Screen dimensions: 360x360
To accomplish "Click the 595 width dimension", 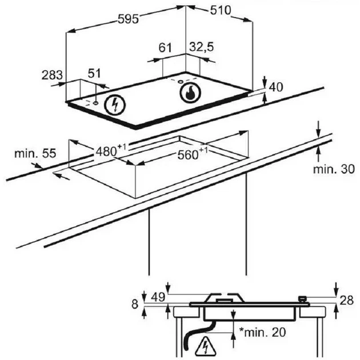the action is point(128,19).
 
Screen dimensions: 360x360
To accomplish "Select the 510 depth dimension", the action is point(221,10).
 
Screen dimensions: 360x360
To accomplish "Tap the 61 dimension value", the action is point(165,48).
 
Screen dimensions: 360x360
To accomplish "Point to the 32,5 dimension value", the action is point(201,47).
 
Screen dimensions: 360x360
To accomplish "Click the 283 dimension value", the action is point(52,75).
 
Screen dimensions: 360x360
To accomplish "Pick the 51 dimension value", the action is point(94,74).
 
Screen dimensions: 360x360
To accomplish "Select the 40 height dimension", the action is point(276,87).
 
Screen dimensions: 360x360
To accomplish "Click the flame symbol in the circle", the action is point(190,93).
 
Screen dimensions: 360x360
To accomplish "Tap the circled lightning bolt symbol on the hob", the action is point(115,105).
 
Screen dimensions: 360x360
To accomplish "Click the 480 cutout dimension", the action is point(111,150).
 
